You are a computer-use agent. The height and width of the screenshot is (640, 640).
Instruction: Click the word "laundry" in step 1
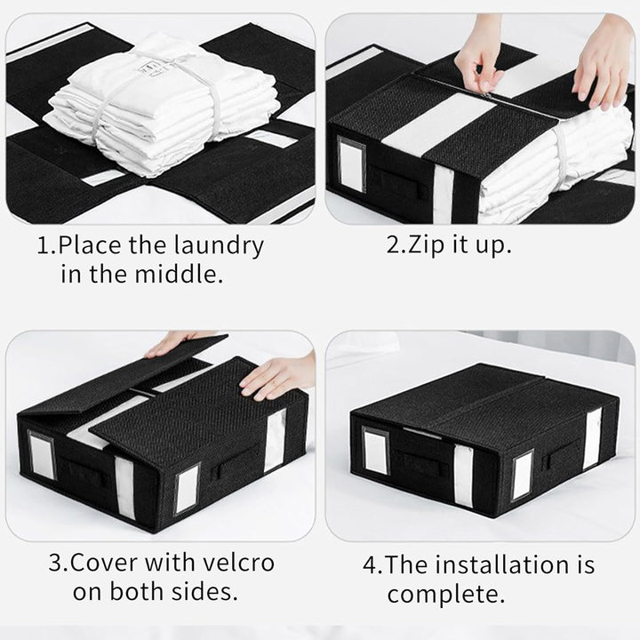tap(219, 246)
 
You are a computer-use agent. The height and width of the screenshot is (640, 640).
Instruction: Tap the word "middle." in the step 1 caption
tap(179, 275)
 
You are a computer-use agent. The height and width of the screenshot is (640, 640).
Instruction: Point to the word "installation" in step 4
tap(501, 565)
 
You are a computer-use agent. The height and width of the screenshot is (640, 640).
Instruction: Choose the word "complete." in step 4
tap(446, 595)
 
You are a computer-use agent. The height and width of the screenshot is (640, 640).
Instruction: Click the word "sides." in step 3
tap(204, 591)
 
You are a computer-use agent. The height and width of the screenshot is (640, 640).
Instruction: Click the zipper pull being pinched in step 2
tap(485, 95)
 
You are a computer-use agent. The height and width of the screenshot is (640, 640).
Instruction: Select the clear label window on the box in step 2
tap(352, 165)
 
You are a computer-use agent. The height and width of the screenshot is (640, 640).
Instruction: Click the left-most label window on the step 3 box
tap(41, 455)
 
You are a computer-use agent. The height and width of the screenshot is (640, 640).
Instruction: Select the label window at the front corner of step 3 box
tap(186, 489)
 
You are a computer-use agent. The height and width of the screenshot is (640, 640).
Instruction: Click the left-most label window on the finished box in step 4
tap(376, 452)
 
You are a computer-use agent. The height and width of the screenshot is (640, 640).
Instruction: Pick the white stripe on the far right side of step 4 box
tap(593, 438)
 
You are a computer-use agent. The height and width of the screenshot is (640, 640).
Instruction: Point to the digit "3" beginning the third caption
tap(55, 563)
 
